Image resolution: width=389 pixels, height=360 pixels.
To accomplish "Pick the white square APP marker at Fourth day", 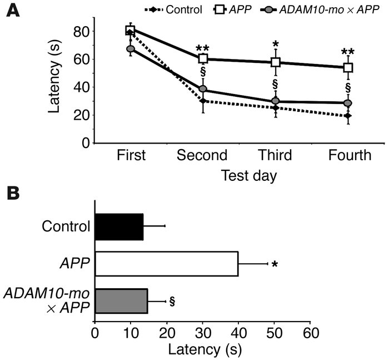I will [348, 67].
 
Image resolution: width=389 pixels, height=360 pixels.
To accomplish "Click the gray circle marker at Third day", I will [275, 101].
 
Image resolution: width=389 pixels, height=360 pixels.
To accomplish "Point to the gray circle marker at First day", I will [131, 49].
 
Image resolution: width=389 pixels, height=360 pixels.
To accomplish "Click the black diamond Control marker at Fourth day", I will [348, 116].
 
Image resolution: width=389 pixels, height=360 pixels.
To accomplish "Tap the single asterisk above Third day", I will [275, 45].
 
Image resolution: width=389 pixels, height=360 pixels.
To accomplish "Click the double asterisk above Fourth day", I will [348, 54].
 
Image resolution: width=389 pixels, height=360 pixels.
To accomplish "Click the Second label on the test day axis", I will [202, 155].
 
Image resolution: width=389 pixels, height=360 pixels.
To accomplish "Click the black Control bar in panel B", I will [119, 226].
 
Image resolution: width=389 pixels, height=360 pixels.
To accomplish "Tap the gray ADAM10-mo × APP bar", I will [121, 301].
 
